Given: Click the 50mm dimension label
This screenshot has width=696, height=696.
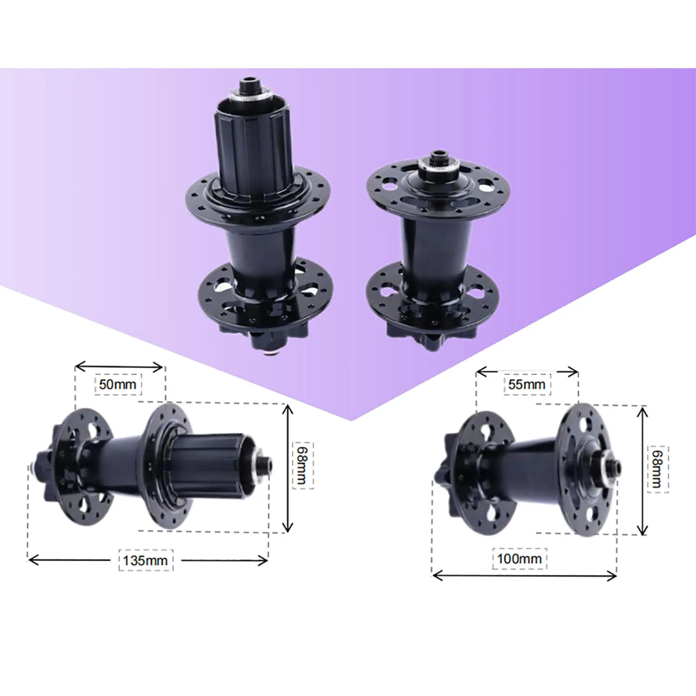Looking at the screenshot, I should tap(117, 385).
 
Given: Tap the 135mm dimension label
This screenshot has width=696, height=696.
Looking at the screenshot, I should tap(145, 560).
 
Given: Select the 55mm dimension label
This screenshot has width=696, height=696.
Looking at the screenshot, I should tap(526, 385).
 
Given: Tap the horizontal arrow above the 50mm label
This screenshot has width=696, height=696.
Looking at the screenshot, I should tap(119, 366).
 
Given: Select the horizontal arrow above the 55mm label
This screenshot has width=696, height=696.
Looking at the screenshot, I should tap(527, 372).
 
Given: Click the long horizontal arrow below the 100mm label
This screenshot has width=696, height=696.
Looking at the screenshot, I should tap(524, 575).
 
